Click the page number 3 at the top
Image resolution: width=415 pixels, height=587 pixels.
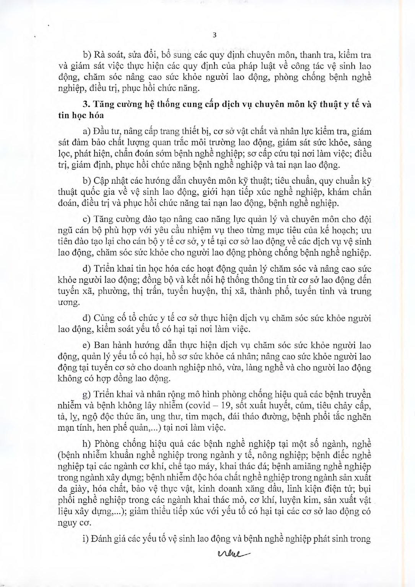point(214,36)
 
